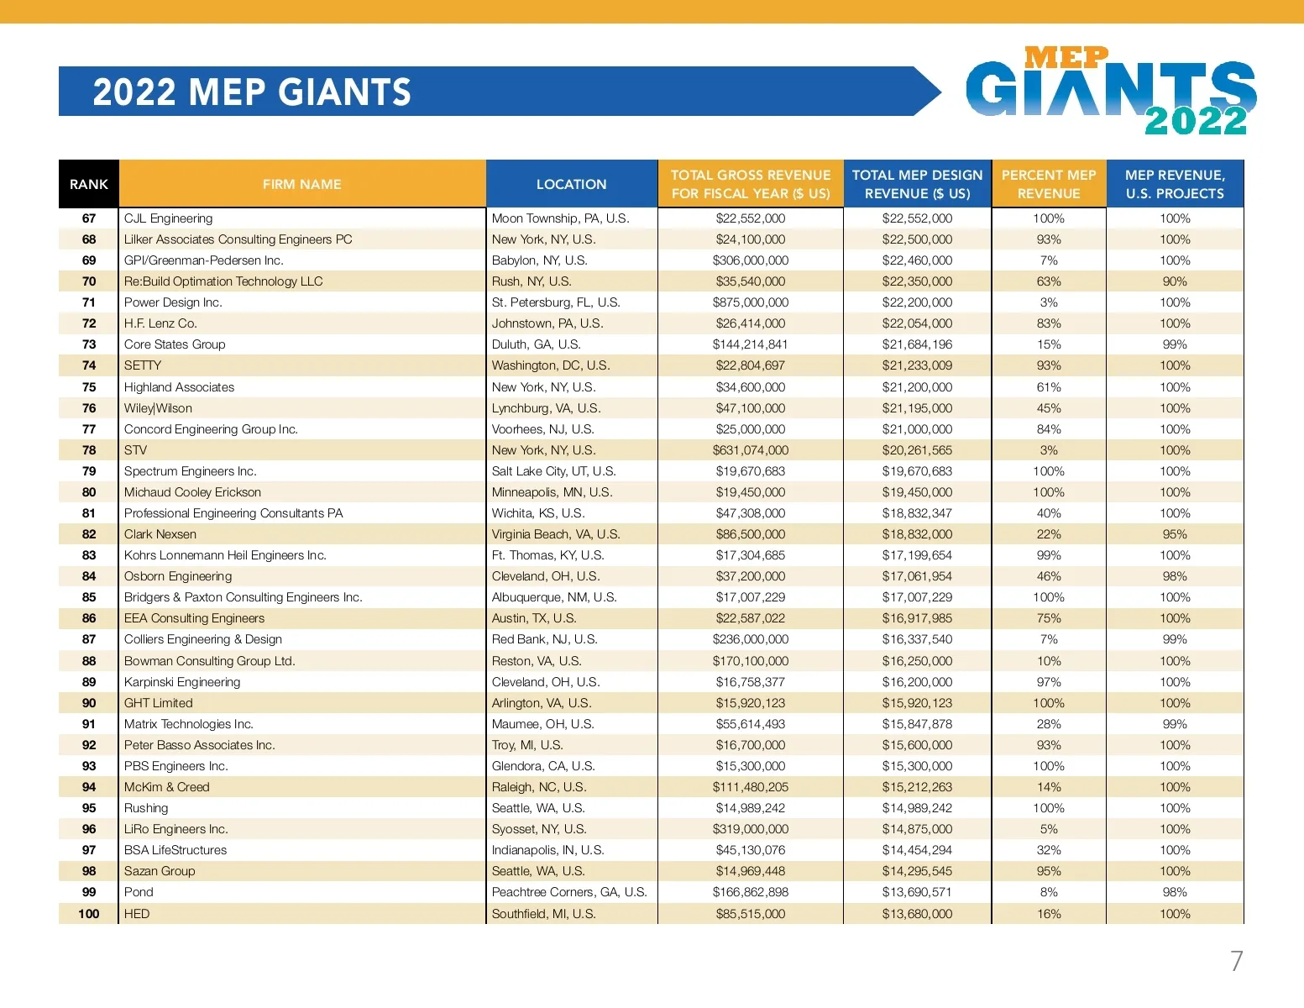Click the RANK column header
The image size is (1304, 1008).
pyautogui.click(x=89, y=184)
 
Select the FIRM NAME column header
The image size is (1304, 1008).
pyautogui.click(x=301, y=184)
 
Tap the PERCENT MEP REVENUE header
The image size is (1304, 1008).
pyautogui.click(x=1049, y=184)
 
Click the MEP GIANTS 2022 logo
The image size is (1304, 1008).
pyautogui.click(x=1110, y=92)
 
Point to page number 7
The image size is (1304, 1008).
pyautogui.click(x=1236, y=961)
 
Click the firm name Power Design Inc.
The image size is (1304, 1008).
pyautogui.click(x=173, y=302)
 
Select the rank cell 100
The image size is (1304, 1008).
pyautogui.click(x=89, y=914)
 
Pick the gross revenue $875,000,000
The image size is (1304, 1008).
pyautogui.click(x=751, y=302)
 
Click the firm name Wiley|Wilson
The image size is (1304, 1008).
pyautogui.click(x=158, y=408)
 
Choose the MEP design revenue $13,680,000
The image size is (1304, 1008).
pyautogui.click(x=917, y=914)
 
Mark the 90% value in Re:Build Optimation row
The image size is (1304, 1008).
pyautogui.click(x=1175, y=281)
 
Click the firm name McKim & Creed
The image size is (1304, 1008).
pyautogui.click(x=167, y=787)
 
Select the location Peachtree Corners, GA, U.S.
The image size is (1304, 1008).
pyautogui.click(x=569, y=892)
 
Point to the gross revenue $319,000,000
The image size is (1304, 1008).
pyautogui.click(x=751, y=829)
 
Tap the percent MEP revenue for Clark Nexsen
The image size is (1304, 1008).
pyautogui.click(x=1049, y=534)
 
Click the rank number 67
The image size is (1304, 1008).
pyautogui.click(x=89, y=218)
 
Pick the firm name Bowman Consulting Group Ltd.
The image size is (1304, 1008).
pyautogui.click(x=210, y=661)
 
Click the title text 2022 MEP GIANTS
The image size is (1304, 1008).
pyautogui.click(x=252, y=92)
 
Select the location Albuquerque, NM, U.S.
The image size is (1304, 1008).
pyautogui.click(x=554, y=597)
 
